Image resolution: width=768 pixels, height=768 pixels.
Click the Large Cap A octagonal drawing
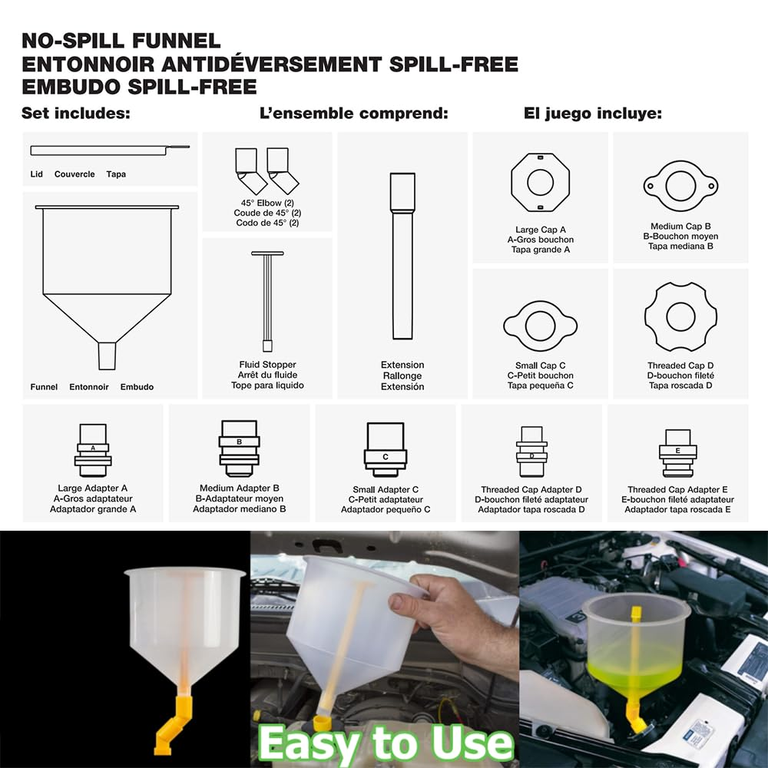[x=540, y=182]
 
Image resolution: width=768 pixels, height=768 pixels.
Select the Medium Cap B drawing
[x=680, y=185]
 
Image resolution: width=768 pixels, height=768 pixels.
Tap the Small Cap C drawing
[x=540, y=326]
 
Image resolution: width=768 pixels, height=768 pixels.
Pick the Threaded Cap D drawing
[x=680, y=316]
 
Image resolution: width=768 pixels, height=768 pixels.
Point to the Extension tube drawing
[x=402, y=256]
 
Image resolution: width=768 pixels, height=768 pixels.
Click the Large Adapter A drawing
[x=93, y=450]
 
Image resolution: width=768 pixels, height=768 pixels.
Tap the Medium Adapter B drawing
[x=239, y=449]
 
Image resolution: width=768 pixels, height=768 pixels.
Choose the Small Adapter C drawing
[x=385, y=449]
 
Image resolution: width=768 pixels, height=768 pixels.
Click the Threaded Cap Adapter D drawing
[x=531, y=452]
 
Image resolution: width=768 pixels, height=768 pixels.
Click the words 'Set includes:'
[x=76, y=114]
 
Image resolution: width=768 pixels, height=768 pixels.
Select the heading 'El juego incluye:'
[x=592, y=114]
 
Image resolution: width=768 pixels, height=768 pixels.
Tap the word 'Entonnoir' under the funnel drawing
[x=88, y=387]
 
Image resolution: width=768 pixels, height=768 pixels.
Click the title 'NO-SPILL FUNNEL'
[x=121, y=41]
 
